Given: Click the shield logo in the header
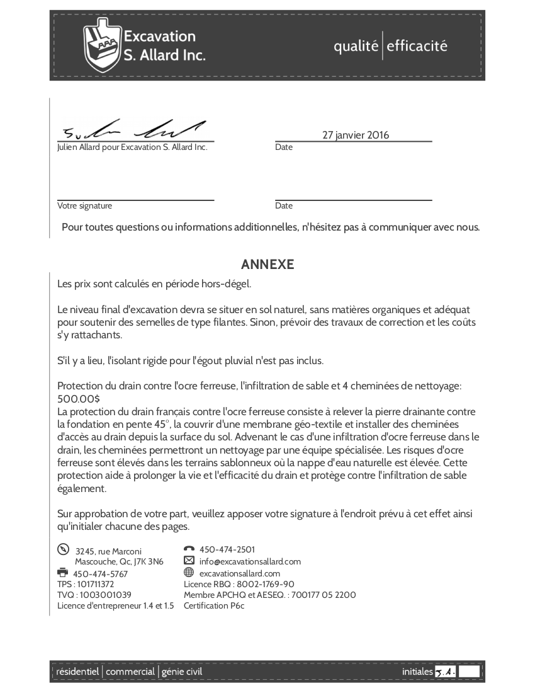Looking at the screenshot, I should pos(103,45).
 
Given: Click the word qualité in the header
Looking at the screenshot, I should pos(356,46).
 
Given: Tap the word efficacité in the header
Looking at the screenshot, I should pos(417,46).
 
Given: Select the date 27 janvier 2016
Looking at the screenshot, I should pos(356,135).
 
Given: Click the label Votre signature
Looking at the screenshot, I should pos(84,205).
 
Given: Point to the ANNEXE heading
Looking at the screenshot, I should pos(267,265).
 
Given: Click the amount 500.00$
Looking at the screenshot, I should pos(79,399).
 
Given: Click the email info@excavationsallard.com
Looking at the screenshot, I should pos(250,561).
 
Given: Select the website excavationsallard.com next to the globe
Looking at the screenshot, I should pos(239,573).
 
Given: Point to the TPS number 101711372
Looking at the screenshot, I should pos(95,584).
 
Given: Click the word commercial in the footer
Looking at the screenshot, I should pos(130,672).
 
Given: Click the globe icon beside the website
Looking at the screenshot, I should pos(189,573).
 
